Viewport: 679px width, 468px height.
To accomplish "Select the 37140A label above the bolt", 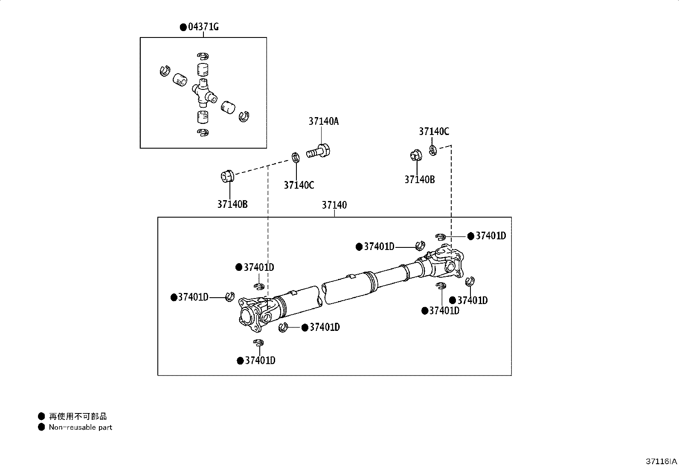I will [x=323, y=121].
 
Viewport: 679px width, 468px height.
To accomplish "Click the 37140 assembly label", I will [x=334, y=205].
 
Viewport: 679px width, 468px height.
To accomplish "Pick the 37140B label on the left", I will [x=232, y=204].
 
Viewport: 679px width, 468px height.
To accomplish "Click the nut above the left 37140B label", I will [x=226, y=175].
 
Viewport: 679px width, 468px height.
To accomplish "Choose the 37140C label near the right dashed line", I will [x=434, y=132].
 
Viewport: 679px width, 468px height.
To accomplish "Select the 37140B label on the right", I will [x=419, y=180].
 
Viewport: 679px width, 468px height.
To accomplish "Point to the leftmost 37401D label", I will [x=193, y=297].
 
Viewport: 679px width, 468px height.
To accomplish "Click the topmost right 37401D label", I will [x=490, y=236].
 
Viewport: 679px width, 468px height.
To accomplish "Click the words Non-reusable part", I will [x=80, y=427].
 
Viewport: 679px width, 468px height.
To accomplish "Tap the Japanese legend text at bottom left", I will [x=78, y=416].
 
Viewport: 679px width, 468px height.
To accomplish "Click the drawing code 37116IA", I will [x=661, y=461].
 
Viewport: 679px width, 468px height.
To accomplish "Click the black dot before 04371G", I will [x=183, y=27].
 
